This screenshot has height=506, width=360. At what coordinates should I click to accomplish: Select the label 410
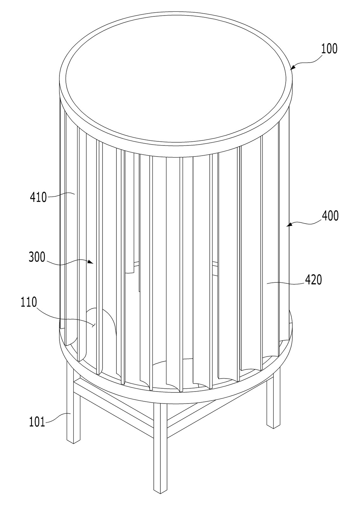click(38, 197)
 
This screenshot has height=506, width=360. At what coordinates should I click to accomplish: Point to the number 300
click(37, 257)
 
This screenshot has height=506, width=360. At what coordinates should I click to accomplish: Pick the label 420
click(313, 280)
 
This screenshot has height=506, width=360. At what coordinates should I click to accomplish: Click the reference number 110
click(29, 302)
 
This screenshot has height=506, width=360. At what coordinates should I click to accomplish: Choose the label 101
click(37, 422)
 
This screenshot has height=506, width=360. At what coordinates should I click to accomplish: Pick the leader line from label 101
click(58, 417)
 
